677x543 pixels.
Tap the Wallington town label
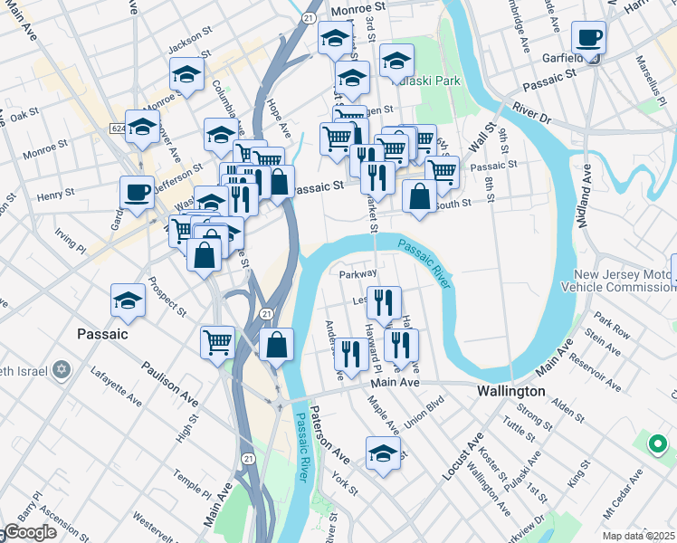coord(511,391)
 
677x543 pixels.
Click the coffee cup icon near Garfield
coord(589,39)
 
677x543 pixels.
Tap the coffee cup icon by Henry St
coord(138,193)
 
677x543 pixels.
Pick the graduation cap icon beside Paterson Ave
coord(383,453)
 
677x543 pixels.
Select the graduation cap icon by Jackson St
coord(186,74)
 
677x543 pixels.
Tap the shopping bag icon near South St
coord(420,197)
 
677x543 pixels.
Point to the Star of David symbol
coord(62,370)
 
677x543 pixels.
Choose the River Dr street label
coord(531,111)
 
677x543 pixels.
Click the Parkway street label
coord(358,273)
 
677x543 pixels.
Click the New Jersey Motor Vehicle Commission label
coord(625,281)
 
